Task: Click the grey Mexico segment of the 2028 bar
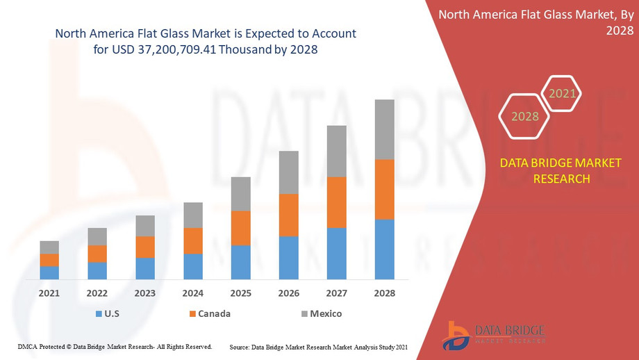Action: (384, 129)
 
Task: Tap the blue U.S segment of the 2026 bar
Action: (288, 258)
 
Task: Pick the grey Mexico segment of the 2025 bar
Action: (240, 194)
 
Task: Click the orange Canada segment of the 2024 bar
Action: (192, 240)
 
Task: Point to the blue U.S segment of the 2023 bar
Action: (144, 268)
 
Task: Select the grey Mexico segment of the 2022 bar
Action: (97, 236)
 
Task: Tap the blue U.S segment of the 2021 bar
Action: (49, 272)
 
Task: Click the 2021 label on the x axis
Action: (49, 293)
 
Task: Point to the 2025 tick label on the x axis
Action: (240, 293)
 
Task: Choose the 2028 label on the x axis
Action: (384, 293)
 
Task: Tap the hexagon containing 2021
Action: (561, 93)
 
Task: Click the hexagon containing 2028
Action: (525, 116)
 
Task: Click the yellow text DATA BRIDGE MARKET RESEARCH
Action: (561, 171)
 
